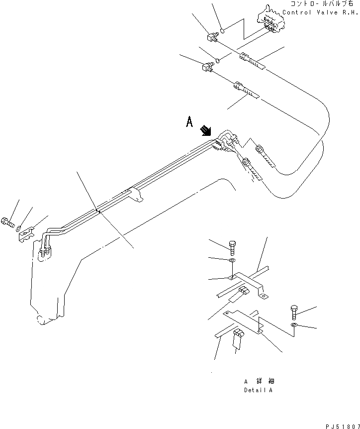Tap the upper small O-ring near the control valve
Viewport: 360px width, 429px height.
click(223, 30)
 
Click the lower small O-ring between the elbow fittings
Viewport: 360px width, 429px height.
click(217, 62)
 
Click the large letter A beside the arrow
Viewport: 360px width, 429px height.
click(189, 122)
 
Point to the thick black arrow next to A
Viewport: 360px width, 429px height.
click(205, 131)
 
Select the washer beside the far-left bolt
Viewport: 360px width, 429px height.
click(18, 229)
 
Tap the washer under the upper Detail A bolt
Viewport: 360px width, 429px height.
click(233, 261)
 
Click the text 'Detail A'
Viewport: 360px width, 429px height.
click(258, 390)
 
